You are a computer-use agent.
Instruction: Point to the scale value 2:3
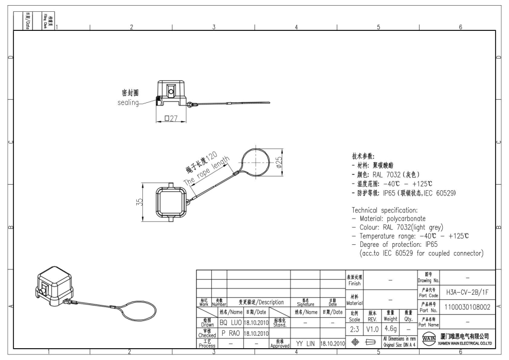point(355,327)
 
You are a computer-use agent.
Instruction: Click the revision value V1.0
point(373,327)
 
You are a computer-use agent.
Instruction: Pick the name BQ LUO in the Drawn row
point(230,321)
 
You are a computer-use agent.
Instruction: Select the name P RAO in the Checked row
point(230,332)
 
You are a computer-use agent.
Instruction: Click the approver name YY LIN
point(305,343)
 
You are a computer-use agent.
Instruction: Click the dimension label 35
point(133,202)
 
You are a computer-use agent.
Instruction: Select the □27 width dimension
point(169,119)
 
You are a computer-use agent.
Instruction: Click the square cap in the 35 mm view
point(169,202)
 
